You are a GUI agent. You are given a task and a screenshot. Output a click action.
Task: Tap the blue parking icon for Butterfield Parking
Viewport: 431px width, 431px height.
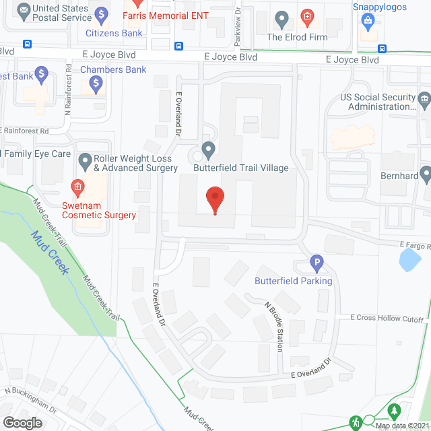[x=317, y=264]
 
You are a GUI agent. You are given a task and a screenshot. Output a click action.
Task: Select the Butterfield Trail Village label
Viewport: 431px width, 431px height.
[x=240, y=168]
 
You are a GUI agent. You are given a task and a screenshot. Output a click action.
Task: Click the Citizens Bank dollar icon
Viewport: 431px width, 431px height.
[x=101, y=13]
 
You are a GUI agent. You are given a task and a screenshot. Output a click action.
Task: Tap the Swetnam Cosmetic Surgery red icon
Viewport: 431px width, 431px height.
[x=77, y=186]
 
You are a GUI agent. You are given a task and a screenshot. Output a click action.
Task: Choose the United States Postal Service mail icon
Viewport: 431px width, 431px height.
[x=25, y=10]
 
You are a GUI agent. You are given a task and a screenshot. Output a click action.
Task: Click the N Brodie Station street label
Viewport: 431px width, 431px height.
[x=277, y=327]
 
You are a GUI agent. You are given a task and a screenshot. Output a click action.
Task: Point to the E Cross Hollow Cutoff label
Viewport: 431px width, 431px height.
[x=387, y=319]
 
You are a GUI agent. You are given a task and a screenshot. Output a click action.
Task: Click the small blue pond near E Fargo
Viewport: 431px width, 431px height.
[x=409, y=259]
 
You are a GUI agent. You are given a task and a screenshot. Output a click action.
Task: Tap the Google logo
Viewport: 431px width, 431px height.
[x=23, y=422]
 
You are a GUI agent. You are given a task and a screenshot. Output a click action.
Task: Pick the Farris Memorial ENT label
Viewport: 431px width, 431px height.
[x=176, y=15]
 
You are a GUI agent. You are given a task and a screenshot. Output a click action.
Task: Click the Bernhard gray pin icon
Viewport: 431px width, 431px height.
[x=425, y=174]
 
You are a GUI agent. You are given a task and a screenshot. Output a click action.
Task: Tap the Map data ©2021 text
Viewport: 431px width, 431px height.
[x=401, y=426]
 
